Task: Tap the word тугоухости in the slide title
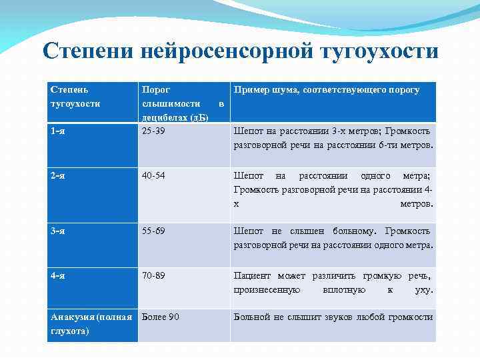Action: pos(379,51)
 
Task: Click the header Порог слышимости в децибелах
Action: pos(175,104)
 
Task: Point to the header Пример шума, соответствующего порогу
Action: pos(326,90)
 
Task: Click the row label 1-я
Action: pos(58,131)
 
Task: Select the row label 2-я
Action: pos(58,176)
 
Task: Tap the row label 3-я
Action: pos(58,231)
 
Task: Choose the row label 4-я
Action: pos(58,275)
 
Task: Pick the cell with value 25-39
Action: pos(154,131)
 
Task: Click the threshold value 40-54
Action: pos(154,176)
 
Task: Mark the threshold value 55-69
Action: pos(154,231)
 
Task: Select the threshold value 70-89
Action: pos(154,275)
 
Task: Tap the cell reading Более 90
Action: pos(161,317)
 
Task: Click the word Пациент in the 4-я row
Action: pos(251,275)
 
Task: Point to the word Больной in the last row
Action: pos(251,317)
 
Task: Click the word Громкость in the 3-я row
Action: pos(410,231)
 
